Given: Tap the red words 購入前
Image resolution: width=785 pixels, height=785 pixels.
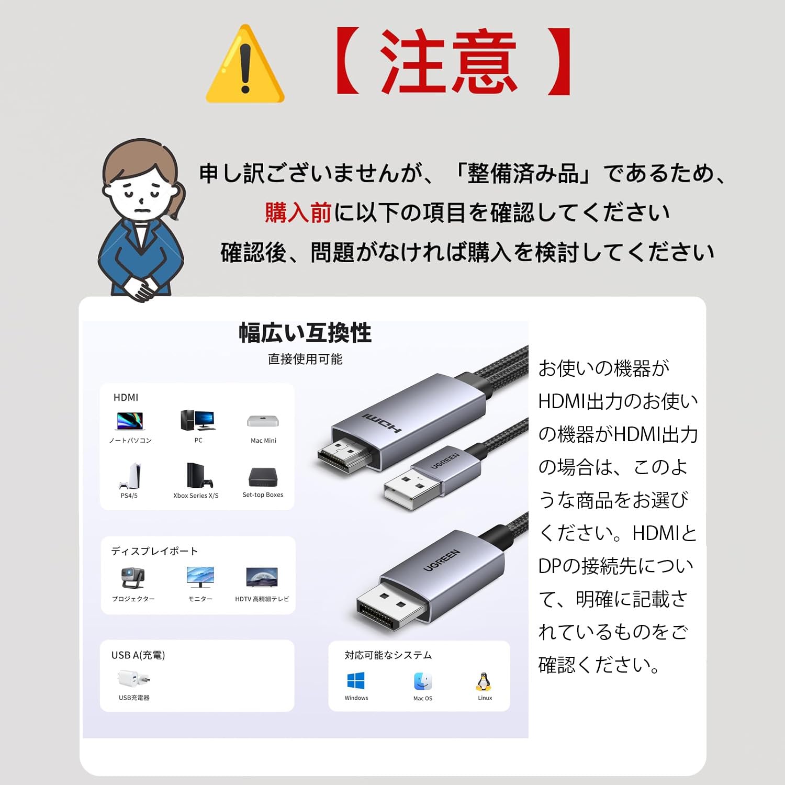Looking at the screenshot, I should tap(298, 213).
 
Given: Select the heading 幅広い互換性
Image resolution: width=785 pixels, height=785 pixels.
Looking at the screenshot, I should tap(305, 333).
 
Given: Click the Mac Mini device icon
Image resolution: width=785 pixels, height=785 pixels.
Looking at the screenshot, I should tap(263, 421).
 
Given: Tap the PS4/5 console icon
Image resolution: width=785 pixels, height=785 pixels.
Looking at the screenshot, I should tap(130, 476).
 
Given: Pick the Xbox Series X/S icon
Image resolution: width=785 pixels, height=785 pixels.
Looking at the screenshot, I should tap(196, 475).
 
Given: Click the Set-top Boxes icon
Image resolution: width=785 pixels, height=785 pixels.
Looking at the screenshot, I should tap(263, 477).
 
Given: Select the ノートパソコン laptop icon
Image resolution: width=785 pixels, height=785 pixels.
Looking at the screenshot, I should tap(130, 421).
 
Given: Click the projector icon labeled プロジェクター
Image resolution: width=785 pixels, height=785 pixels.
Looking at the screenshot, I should tap(133, 578).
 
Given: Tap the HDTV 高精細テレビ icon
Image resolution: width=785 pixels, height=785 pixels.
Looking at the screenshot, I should tap(262, 577).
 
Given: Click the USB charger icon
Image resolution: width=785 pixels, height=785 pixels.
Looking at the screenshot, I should tap(134, 679).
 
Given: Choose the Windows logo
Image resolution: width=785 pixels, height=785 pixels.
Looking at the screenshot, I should tap(356, 681).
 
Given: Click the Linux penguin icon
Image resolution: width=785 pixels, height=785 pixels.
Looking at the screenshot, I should tap(484, 681).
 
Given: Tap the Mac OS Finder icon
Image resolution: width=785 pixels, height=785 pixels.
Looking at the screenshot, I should tap(423, 681).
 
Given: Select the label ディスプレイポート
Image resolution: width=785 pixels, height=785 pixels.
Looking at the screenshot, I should tap(154, 551).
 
